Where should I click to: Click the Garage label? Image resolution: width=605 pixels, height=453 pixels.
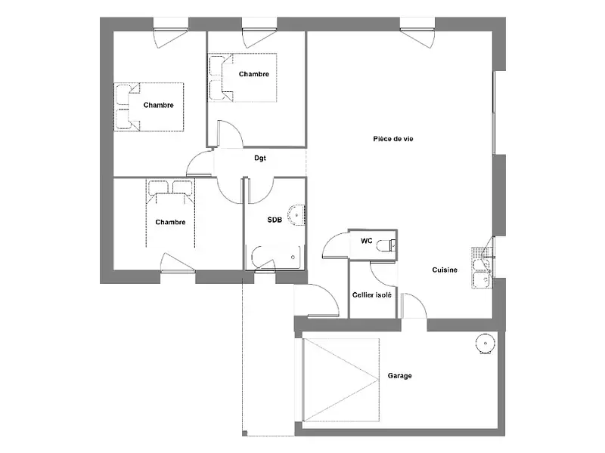(x=399, y=375)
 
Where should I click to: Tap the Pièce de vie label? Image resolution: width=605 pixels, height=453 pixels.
(x=392, y=139)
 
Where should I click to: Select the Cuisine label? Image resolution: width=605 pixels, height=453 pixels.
(x=445, y=270)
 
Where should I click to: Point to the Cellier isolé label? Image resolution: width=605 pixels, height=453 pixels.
(x=371, y=295)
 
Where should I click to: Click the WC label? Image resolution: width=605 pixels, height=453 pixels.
(x=366, y=241)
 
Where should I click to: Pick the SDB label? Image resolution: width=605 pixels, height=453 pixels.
(x=275, y=220)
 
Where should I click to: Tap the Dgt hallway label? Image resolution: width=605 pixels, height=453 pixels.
(x=260, y=158)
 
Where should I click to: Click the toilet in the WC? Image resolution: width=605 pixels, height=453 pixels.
(x=386, y=245)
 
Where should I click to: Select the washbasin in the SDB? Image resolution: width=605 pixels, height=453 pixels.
(x=296, y=215)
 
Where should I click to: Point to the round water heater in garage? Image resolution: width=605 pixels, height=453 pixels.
(x=485, y=343)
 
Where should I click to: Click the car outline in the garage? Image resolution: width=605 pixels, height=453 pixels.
(x=341, y=381)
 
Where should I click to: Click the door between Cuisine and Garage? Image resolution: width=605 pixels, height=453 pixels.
(x=414, y=306)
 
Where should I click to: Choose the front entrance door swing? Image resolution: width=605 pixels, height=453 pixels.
(x=324, y=301)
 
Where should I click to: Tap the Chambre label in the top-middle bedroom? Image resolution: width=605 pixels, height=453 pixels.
(x=253, y=74)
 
